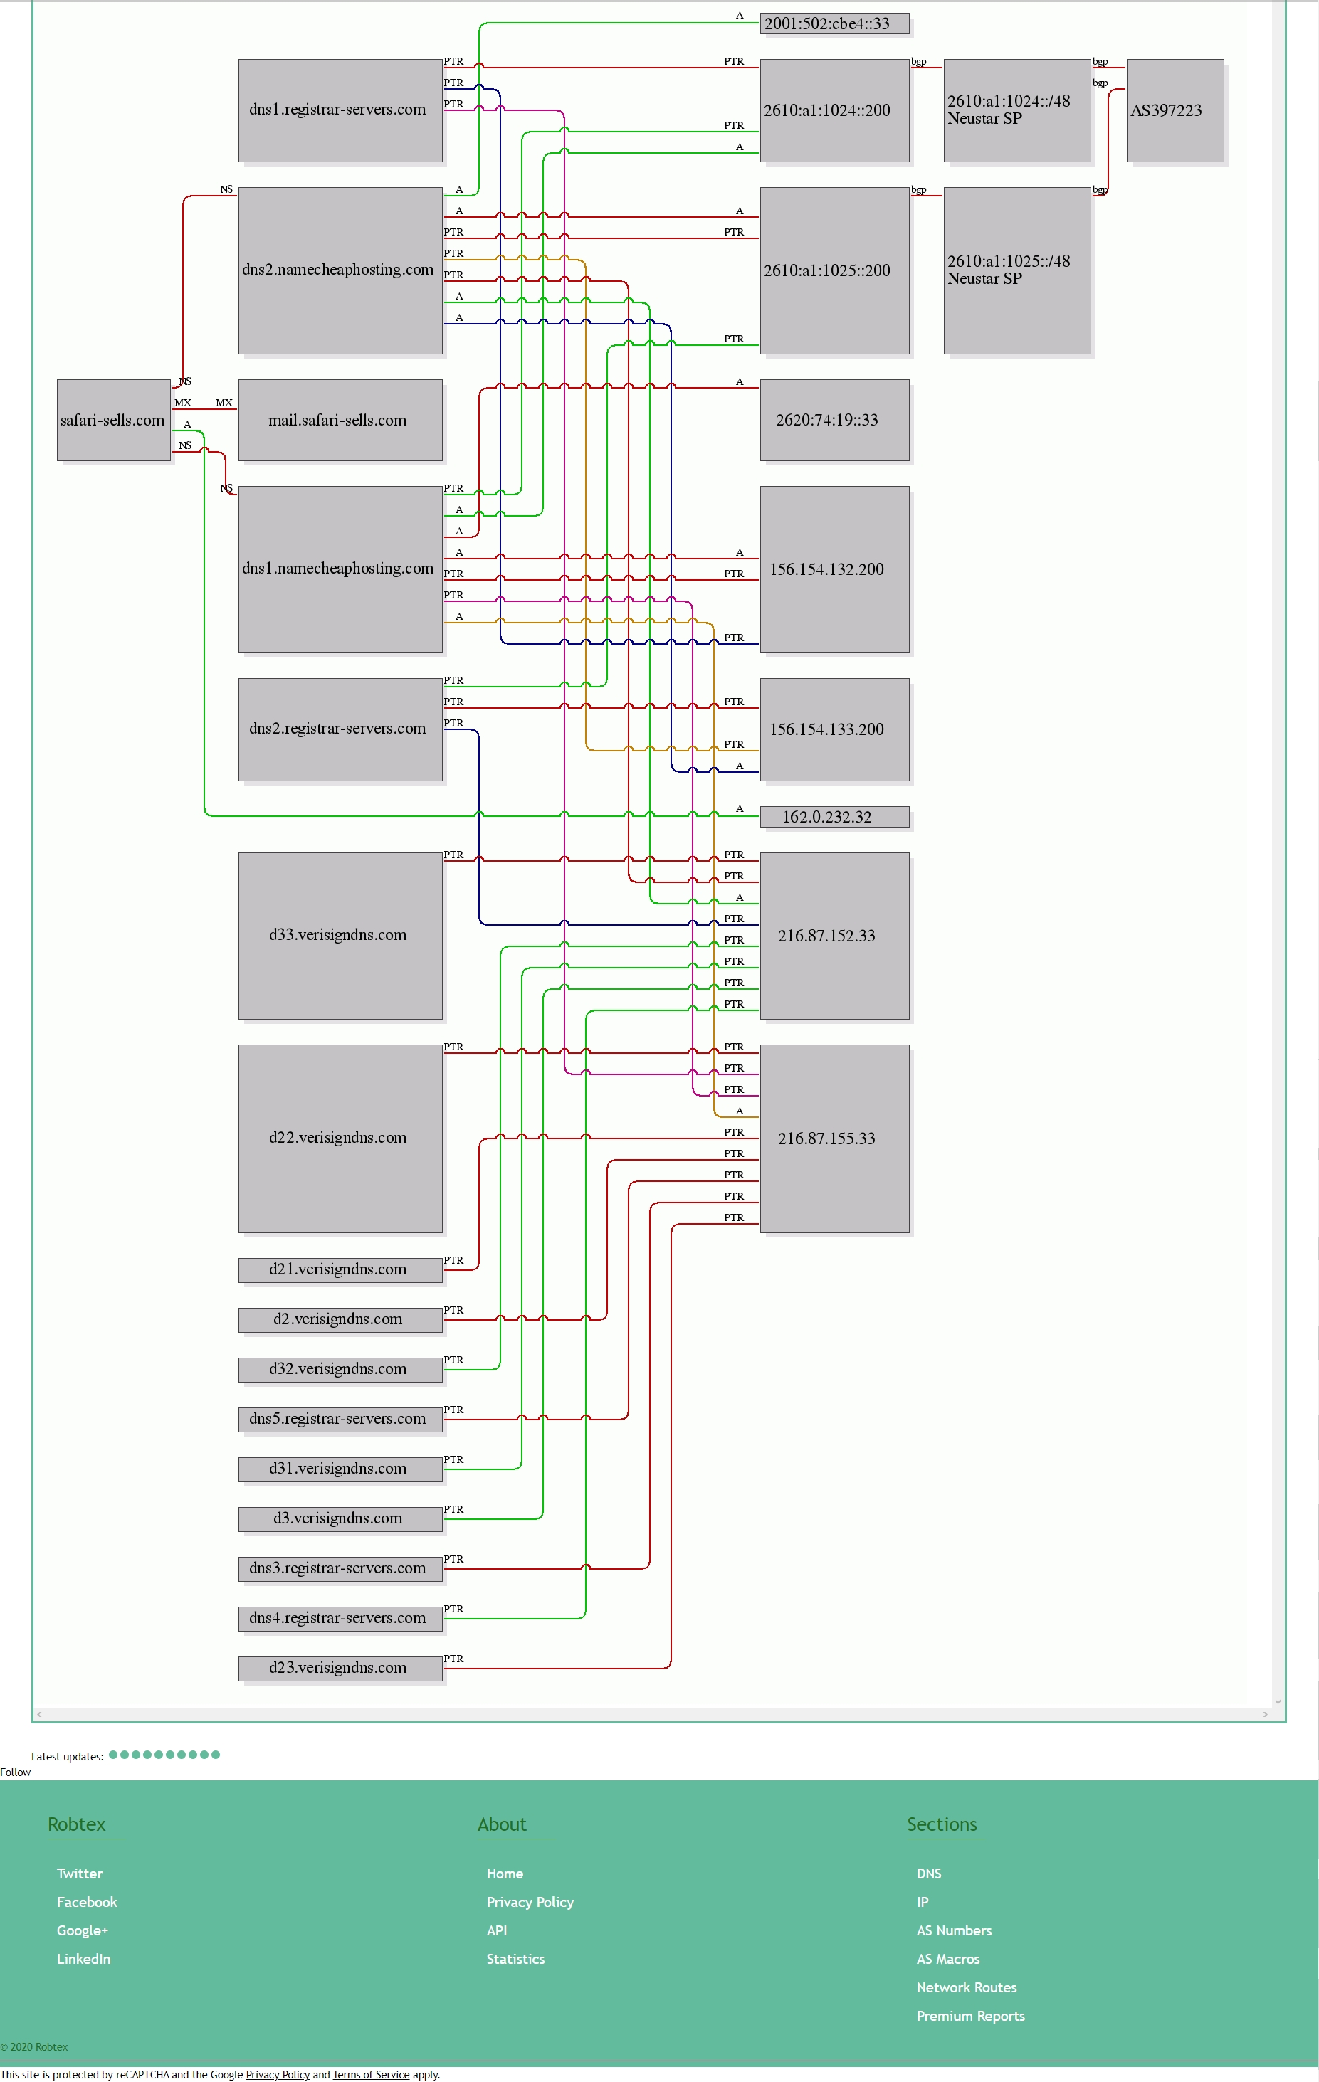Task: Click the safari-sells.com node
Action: [x=113, y=421]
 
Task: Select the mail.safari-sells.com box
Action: [x=340, y=421]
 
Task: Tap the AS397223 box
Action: [x=1175, y=111]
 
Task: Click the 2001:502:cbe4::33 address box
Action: [x=835, y=23]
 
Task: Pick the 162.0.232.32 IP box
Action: [x=835, y=817]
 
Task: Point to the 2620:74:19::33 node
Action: [x=835, y=421]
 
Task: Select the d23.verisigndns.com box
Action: [x=340, y=1668]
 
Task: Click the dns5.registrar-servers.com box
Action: [x=340, y=1419]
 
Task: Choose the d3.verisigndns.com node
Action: [x=340, y=1518]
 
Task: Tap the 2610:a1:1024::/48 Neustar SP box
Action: [x=1017, y=111]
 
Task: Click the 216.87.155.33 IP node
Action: [x=835, y=1138]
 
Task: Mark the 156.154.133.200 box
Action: [x=835, y=730]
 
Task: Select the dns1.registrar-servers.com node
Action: [x=340, y=111]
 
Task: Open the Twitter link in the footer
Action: [x=80, y=1874]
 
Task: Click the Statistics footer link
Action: [x=515, y=1959]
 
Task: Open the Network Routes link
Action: [x=966, y=1988]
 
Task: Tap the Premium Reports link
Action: [x=970, y=2017]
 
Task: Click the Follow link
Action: [x=16, y=1772]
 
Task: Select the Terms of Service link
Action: [x=371, y=2074]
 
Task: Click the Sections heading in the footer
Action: [x=942, y=1824]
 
